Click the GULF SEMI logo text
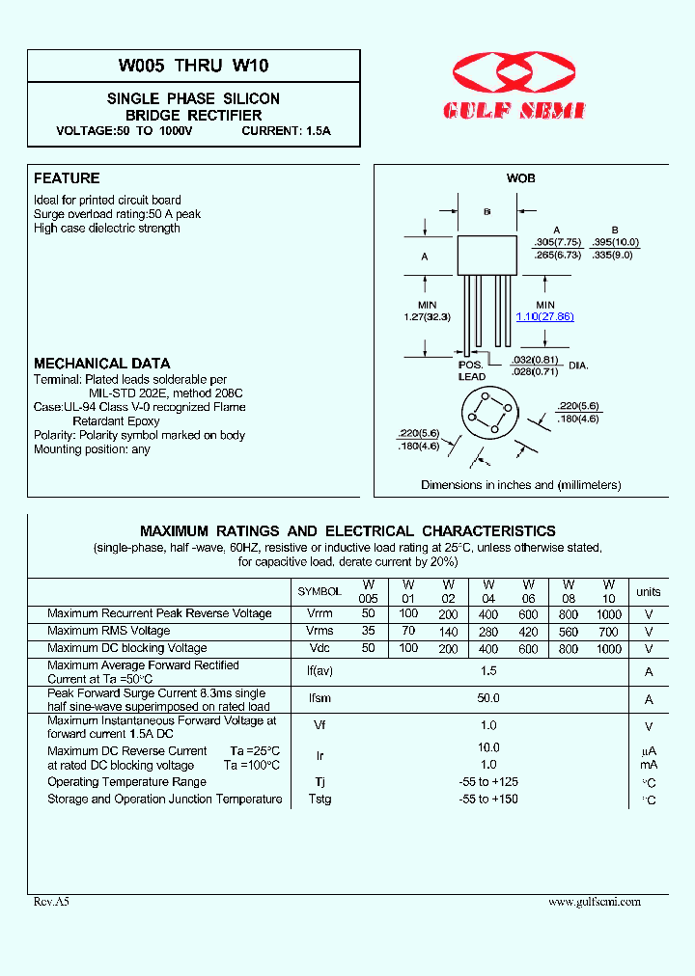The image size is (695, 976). (x=514, y=111)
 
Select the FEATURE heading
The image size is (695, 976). (x=67, y=178)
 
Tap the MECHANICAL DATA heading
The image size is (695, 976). (x=101, y=364)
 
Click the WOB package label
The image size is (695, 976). (x=520, y=178)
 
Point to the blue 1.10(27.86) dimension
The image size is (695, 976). (x=544, y=316)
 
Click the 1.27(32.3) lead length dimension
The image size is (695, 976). (x=428, y=316)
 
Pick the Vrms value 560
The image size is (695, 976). (x=568, y=631)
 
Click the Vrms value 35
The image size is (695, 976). (x=368, y=631)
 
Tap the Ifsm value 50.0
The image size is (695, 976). (x=488, y=698)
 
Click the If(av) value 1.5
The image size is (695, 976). (x=488, y=670)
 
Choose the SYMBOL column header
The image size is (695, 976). (x=320, y=591)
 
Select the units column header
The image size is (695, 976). (x=649, y=591)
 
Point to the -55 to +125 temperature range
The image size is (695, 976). (x=488, y=781)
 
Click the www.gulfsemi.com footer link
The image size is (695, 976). (x=594, y=902)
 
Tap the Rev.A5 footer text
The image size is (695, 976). (x=52, y=902)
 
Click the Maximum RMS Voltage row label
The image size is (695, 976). (x=108, y=631)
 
